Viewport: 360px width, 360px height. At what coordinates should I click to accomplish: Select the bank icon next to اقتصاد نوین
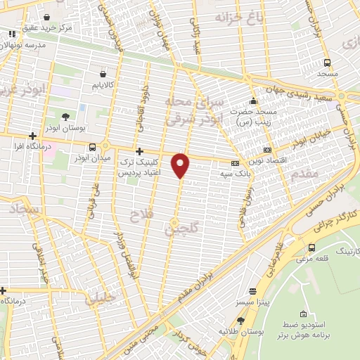266,149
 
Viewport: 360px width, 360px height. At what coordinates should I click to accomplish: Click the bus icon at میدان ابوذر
93,147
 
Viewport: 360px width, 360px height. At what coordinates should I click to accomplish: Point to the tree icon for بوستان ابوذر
65,117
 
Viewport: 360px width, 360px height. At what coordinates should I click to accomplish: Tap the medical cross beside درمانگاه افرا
32,136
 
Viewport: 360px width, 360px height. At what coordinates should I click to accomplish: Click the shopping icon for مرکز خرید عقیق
46,17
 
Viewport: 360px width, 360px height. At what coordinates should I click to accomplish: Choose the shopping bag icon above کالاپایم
103,72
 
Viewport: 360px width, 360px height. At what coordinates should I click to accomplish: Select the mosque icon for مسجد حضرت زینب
253,100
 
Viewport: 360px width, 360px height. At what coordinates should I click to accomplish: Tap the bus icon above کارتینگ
311,247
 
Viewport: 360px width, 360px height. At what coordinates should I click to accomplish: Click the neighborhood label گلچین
182,227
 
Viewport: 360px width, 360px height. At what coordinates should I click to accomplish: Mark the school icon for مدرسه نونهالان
11,33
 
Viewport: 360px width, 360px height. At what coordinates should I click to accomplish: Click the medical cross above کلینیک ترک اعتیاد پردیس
139,151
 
